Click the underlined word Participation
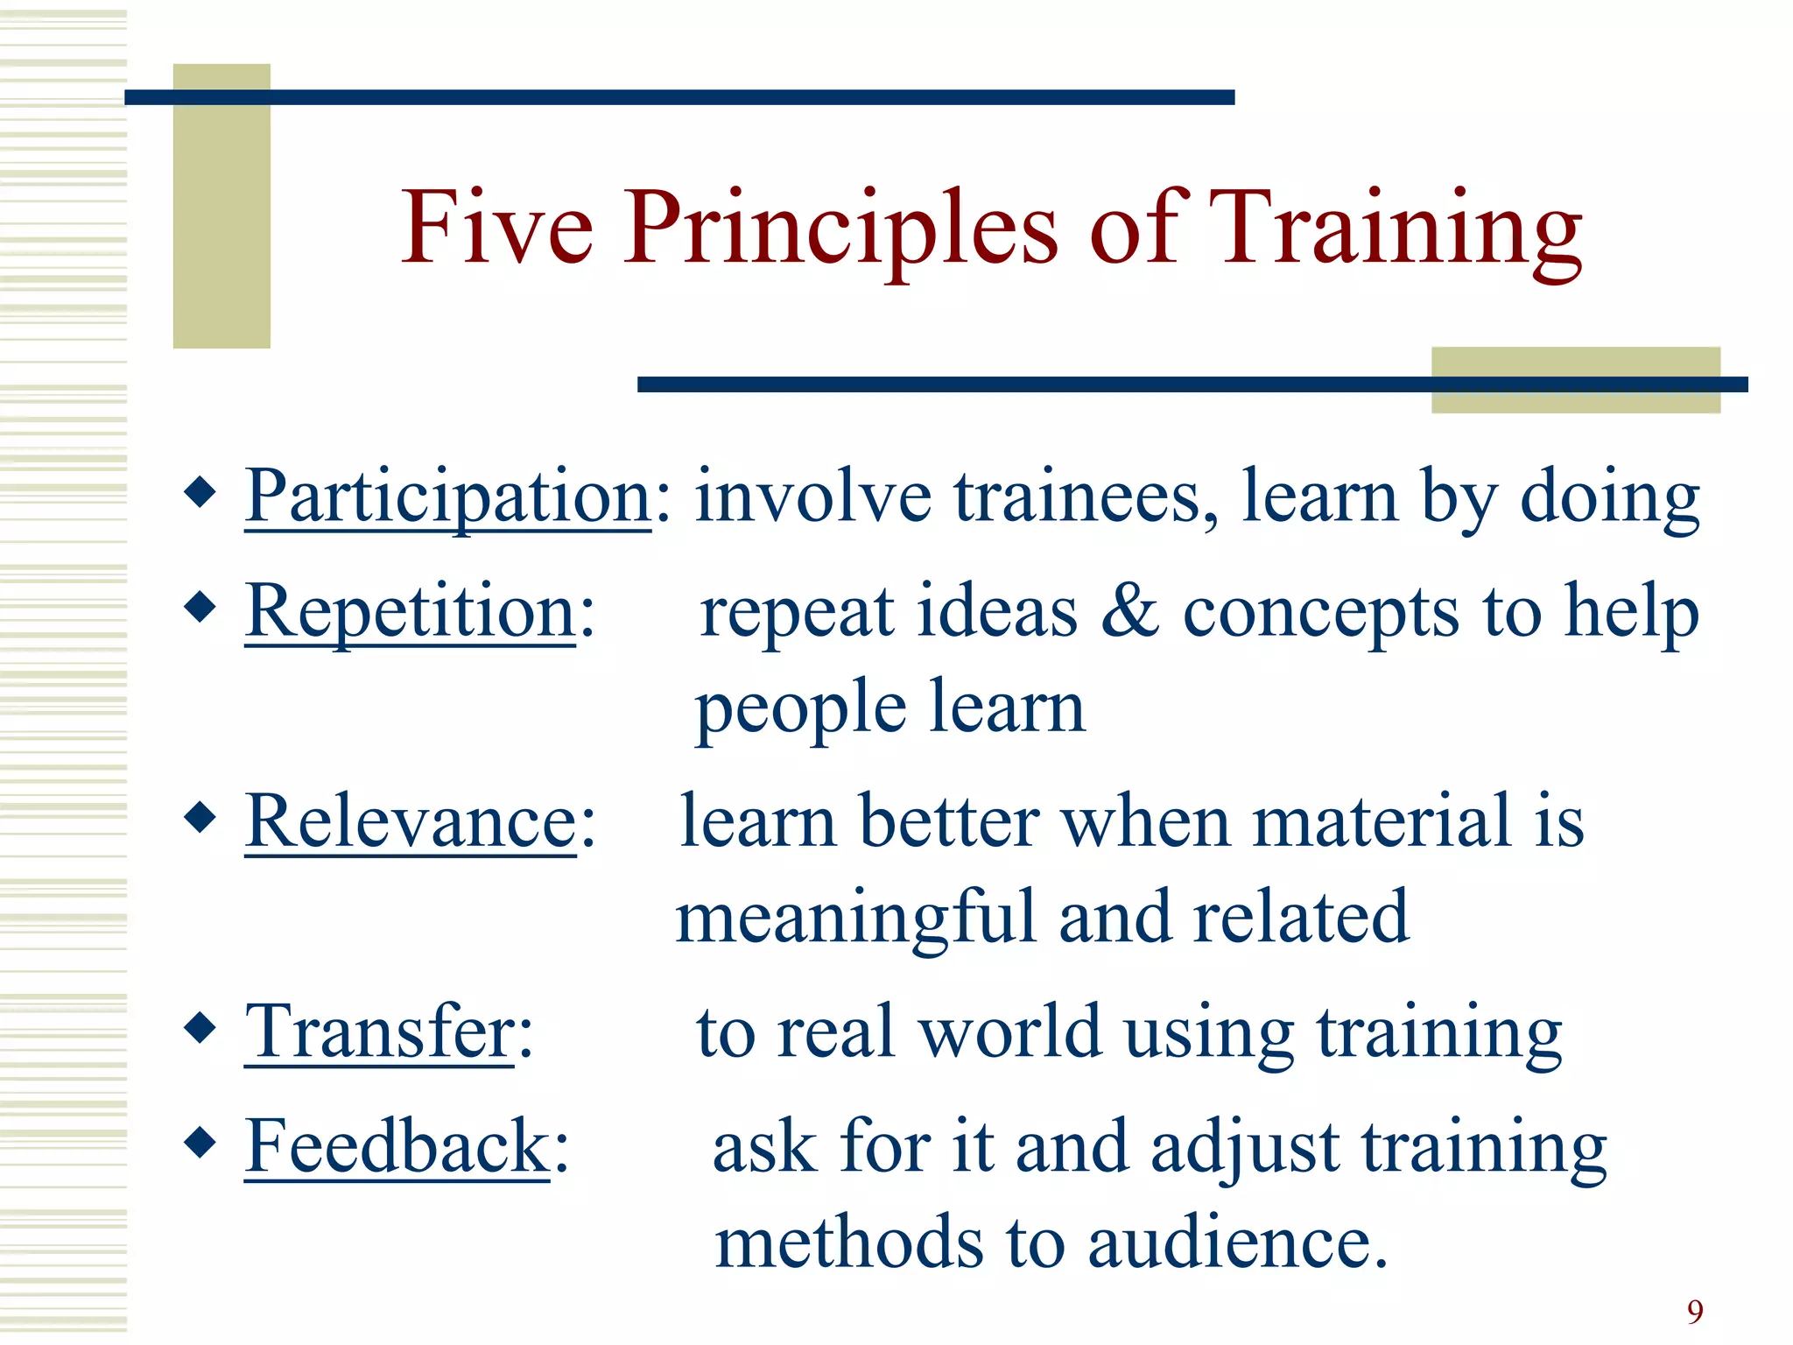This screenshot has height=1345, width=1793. [x=447, y=497]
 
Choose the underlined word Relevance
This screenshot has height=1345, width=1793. [x=410, y=821]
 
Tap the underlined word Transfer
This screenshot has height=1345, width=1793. [x=378, y=1032]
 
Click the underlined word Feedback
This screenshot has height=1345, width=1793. [x=396, y=1146]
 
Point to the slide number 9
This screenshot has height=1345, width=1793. [x=1695, y=1312]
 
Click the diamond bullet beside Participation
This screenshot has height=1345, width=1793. [x=200, y=492]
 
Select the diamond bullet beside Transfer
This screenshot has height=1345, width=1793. [x=200, y=1027]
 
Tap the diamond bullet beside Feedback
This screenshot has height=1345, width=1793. [x=200, y=1141]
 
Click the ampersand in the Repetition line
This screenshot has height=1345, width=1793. [x=1129, y=611]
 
